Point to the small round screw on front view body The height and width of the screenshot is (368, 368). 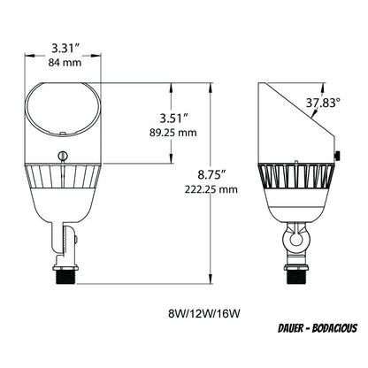click(x=63, y=157)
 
